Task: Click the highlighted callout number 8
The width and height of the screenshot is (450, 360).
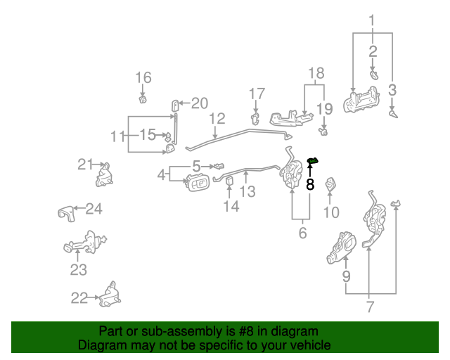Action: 310,186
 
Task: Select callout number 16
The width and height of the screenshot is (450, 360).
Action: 143,77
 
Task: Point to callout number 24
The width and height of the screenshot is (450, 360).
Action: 94,209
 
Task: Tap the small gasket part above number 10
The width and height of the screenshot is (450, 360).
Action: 331,185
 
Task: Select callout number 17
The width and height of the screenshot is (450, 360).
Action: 257,94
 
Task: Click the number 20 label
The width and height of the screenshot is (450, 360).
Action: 200,104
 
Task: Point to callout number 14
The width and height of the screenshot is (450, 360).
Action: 231,206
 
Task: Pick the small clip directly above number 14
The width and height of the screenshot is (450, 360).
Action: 230,185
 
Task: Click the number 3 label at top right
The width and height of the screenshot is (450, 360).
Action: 392,89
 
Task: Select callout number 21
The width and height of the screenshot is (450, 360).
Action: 85,164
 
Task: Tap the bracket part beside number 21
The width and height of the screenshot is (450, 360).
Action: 105,175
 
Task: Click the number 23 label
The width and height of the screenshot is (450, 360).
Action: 77,270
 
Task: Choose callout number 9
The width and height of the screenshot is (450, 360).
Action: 346,276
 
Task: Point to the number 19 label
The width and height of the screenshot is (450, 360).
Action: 323,108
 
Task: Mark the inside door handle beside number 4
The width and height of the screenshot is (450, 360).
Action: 197,184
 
